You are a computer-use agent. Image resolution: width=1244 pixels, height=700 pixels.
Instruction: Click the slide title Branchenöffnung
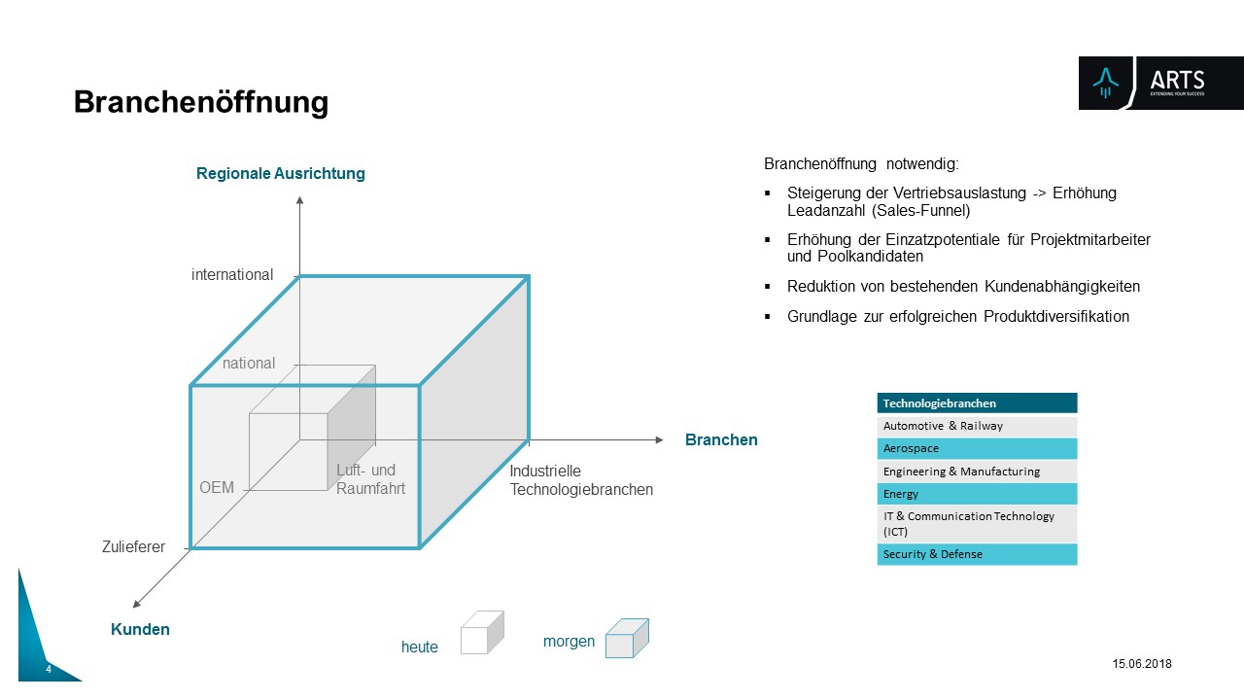point(201,102)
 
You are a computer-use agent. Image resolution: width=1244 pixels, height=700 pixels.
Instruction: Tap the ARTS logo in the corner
point(1160,83)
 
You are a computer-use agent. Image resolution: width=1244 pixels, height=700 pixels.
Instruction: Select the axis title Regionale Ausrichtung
point(281,173)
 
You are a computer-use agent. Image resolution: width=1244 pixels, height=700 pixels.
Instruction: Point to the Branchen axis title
point(721,439)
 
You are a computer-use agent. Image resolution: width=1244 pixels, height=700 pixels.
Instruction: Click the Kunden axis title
point(140,629)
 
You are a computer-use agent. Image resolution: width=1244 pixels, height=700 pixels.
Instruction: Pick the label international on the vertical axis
point(232,274)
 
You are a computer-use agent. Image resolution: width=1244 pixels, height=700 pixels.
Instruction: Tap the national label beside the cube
point(249,363)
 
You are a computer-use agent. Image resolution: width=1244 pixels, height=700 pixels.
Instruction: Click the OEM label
point(217,487)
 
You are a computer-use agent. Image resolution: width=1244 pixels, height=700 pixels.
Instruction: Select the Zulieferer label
point(133,546)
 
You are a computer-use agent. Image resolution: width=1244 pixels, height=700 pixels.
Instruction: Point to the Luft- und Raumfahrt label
point(370,479)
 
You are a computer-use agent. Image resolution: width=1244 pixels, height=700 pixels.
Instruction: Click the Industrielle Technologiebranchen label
point(581,480)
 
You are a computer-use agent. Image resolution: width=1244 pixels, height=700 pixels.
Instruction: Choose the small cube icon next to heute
point(482,633)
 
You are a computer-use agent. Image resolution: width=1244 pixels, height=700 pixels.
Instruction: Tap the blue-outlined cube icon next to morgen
point(627,639)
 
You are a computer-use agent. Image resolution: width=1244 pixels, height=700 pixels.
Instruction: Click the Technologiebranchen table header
point(977,402)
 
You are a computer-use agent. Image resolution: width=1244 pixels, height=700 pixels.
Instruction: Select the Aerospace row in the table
point(977,448)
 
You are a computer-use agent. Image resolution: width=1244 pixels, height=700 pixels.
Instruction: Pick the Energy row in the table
point(977,494)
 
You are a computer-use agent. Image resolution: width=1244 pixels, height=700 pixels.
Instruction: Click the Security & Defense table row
point(977,554)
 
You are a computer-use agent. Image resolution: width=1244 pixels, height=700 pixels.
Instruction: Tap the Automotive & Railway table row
point(977,426)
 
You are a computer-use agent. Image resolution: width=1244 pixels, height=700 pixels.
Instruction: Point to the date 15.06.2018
point(1142,663)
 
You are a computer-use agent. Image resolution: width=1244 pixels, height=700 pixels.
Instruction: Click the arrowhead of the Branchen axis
point(660,440)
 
